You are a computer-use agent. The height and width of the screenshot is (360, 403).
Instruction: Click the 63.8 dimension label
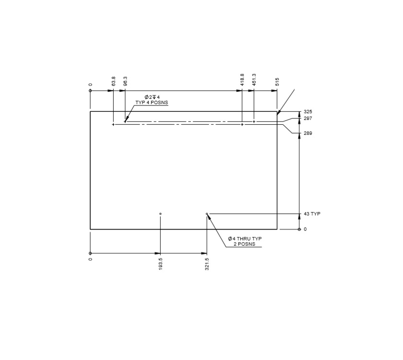point(114,81)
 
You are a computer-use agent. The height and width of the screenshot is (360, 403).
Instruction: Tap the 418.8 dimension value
point(242,80)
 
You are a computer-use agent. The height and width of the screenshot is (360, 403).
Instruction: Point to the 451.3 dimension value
point(254,80)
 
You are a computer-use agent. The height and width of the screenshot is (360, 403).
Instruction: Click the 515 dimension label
point(277,82)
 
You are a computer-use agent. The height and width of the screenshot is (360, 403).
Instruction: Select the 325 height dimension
point(308,112)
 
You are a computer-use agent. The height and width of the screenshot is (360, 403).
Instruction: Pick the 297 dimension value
point(308,118)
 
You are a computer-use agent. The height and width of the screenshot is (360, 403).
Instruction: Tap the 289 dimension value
point(308,133)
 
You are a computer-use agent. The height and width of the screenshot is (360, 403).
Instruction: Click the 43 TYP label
point(312,214)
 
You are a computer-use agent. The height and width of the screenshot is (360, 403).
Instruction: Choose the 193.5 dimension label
point(161,265)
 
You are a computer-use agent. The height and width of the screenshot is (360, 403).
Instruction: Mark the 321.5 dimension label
point(207,265)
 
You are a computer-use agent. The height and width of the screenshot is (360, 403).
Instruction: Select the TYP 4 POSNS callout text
point(152,103)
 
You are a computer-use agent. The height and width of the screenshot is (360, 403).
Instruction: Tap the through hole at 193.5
point(160,214)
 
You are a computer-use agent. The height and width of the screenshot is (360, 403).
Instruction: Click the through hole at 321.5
point(207,214)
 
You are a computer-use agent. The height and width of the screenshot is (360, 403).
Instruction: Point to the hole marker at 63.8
point(113,124)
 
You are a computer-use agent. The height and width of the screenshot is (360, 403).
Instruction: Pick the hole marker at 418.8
point(242,124)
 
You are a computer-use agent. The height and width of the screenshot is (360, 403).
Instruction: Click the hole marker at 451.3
point(254,121)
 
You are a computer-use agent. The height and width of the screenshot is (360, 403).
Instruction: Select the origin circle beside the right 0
point(299,229)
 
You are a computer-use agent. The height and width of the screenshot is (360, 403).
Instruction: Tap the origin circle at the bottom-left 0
point(90,253)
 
